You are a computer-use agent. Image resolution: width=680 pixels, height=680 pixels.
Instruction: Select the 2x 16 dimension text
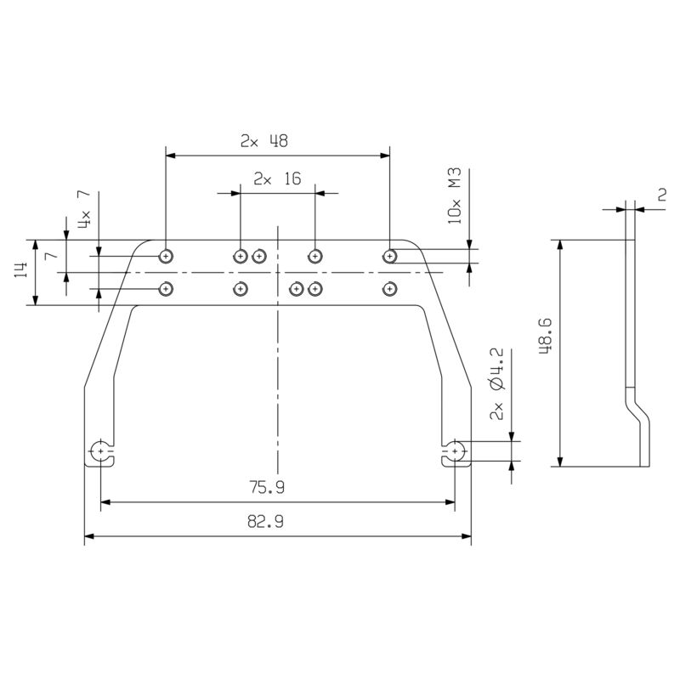coord(277,179)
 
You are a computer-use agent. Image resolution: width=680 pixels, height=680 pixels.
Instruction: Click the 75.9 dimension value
coord(268,489)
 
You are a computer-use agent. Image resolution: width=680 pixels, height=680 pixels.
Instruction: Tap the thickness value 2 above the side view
coord(661,194)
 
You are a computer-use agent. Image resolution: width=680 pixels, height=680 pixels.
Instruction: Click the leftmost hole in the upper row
coord(167,255)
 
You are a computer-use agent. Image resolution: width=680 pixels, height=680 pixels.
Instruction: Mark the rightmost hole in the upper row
coord(390,255)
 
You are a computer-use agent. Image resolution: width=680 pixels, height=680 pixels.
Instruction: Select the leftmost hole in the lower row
coord(167,289)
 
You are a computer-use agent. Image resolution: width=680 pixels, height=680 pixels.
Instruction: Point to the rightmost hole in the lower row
coord(390,289)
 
